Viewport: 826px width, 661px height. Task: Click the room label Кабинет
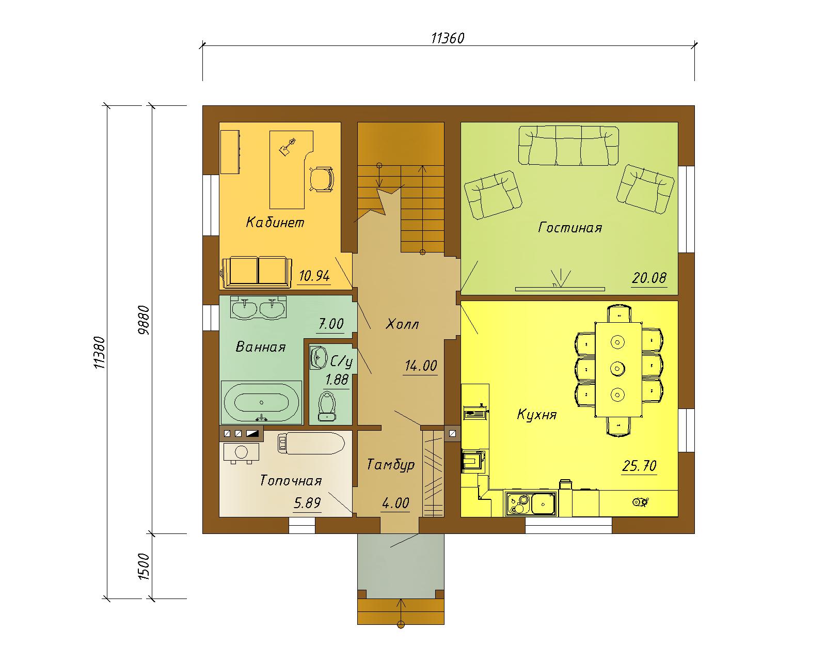275,223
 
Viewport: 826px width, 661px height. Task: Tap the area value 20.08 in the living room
649,278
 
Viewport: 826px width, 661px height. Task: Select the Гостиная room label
570,228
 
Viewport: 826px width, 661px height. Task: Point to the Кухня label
536,415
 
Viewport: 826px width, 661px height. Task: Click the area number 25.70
639,466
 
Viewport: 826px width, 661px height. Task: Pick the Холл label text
402,324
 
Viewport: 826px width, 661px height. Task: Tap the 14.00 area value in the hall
421,366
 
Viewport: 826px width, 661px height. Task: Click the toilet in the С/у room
327,406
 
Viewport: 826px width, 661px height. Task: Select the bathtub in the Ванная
261,402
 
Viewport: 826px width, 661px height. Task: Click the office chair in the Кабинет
321,179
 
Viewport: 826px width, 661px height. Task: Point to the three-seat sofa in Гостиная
568,146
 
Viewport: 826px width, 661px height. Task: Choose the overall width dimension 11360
448,38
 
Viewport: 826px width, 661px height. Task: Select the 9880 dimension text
143,320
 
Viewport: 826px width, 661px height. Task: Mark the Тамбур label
390,465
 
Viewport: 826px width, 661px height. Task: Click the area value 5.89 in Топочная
307,503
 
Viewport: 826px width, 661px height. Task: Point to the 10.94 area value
314,276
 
